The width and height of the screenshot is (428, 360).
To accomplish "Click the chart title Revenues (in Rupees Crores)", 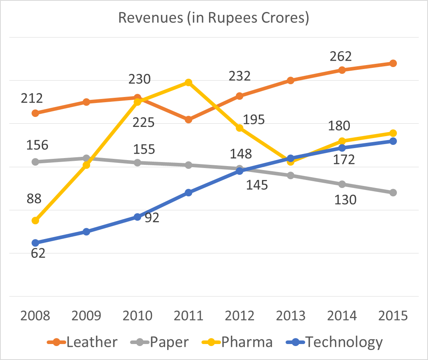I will [214, 18].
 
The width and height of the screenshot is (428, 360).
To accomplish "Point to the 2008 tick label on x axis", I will [35, 316].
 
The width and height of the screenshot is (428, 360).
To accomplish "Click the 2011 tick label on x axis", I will [188, 316].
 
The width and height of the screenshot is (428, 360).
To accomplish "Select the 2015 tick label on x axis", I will [393, 316].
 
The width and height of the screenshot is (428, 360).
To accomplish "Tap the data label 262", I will [341, 56].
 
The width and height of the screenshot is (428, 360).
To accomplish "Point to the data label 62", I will [38, 253].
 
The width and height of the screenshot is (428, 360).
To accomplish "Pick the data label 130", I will [345, 199].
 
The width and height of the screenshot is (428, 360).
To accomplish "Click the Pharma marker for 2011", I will [189, 83].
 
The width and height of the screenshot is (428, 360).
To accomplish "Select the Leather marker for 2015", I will [393, 63].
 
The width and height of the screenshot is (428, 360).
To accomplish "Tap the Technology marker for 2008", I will [35, 243].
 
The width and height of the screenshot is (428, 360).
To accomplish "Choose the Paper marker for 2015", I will [393, 192].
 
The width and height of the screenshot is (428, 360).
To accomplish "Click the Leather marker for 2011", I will [189, 119].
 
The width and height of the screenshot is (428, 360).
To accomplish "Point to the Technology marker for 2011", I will [189, 192].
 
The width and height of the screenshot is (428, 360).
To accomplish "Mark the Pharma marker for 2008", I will [35, 220].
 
